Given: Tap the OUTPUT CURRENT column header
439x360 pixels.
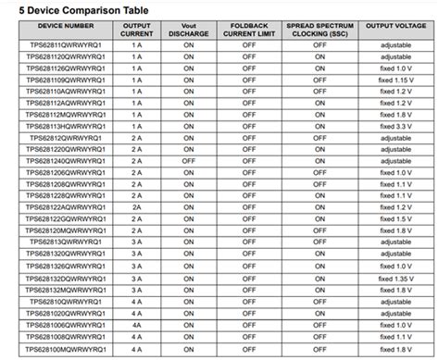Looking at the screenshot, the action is pos(137,31).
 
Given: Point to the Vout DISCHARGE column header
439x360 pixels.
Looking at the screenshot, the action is pos(188,31).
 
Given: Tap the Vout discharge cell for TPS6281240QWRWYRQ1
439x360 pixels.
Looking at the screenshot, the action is pos(188,160).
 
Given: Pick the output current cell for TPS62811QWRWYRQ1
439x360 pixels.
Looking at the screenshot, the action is pos(137,44).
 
